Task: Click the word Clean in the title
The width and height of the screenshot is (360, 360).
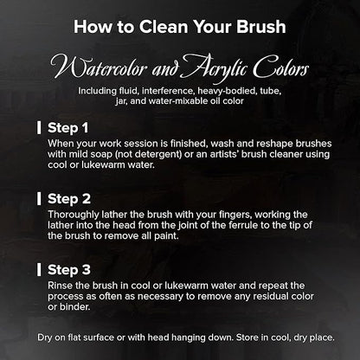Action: tap(164, 27)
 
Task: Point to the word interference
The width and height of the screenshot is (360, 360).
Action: tap(169, 91)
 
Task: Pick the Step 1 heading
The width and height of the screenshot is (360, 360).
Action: tap(67, 128)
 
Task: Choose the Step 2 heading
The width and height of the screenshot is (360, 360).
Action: tap(69, 199)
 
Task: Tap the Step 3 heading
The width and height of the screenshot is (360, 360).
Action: tap(69, 270)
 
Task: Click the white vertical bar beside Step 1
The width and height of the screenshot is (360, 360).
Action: tap(39, 127)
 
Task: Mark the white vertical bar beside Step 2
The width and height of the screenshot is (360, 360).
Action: tap(39, 199)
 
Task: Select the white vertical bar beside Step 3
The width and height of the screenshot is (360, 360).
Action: tap(39, 270)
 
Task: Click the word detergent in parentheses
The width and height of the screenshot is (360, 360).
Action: tap(157, 154)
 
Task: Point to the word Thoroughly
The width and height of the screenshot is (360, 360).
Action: tap(74, 215)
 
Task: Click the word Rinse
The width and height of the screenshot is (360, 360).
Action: tap(60, 286)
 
